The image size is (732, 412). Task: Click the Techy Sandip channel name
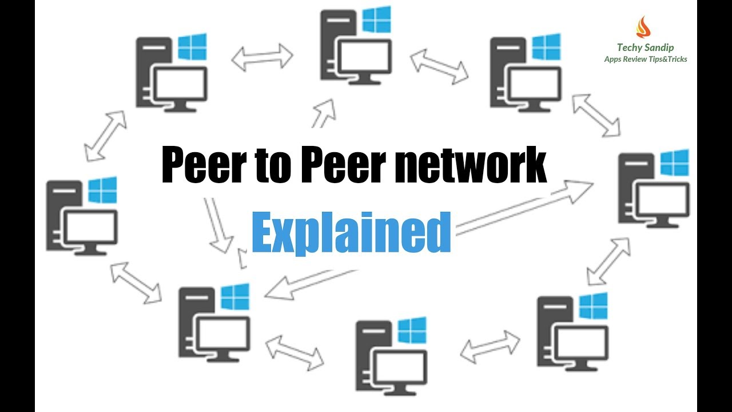645,48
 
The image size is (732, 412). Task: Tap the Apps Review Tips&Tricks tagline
646,60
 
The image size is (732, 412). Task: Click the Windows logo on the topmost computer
377,20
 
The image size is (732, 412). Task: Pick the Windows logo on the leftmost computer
103,190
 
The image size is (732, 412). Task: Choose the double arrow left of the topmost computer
262,57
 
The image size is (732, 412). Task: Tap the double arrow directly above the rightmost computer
596,114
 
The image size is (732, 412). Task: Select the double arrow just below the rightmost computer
608,261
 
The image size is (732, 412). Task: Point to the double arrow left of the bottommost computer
294,351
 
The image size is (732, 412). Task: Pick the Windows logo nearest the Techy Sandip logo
546,47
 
